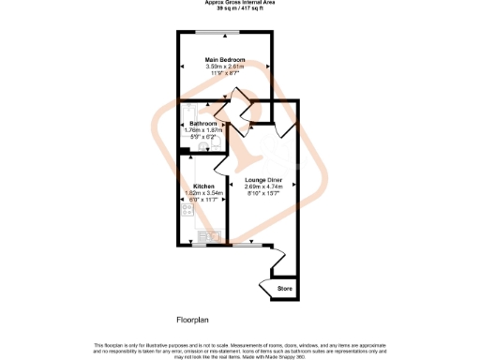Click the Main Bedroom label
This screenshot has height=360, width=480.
pos(225,60)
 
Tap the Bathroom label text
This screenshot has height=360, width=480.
pos(203,124)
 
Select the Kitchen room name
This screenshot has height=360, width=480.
pos(203,186)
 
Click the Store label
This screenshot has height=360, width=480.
pos(285,289)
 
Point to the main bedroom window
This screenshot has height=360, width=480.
pos(225,34)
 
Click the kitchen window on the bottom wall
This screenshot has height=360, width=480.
pos(199,246)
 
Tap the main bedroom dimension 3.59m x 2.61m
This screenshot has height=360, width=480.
pos(225,67)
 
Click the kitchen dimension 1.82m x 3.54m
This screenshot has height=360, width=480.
pos(203,193)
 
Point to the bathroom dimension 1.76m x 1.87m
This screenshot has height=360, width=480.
pos(203,130)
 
